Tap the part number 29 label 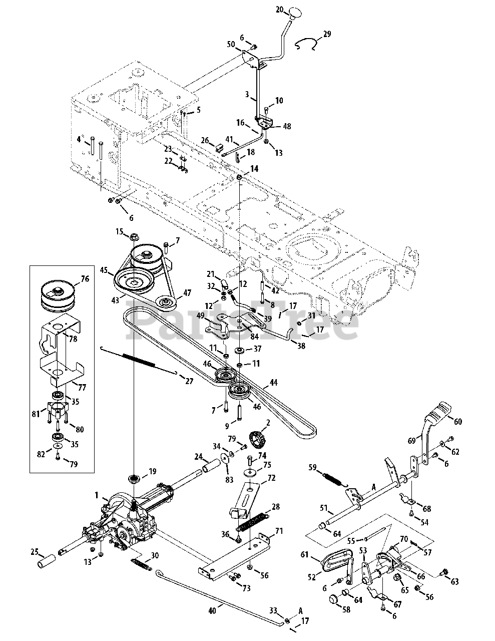point(327,35)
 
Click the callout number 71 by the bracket point(279,531)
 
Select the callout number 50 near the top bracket point(231,44)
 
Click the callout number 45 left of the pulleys point(104,270)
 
